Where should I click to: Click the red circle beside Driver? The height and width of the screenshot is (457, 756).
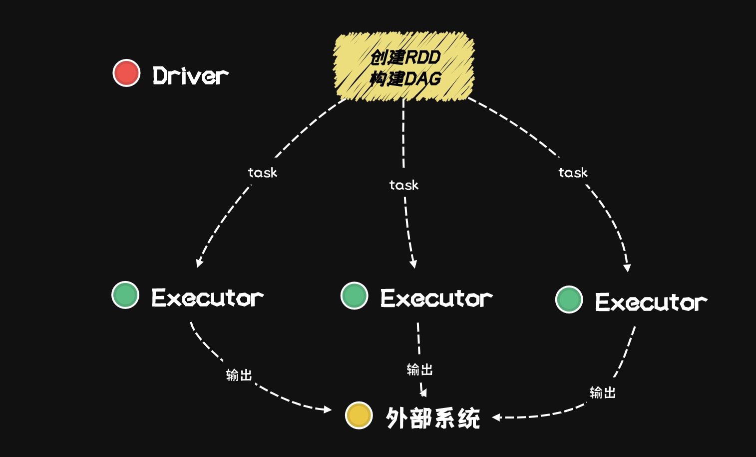[126, 73]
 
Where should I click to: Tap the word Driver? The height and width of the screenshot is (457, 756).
[190, 76]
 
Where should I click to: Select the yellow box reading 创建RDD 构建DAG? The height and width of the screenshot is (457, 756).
[403, 67]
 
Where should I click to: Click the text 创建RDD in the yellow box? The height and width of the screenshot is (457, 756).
[405, 57]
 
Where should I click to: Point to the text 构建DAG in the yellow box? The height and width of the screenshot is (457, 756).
[405, 78]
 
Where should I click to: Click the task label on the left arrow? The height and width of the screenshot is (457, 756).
[262, 172]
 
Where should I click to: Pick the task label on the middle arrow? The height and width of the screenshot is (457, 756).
[403, 185]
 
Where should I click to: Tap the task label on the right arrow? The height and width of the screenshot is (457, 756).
[573, 172]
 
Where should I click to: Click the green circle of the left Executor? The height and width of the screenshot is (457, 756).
[125, 294]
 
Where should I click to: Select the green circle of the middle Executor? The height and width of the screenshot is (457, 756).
[355, 295]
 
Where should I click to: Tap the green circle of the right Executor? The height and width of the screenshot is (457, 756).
[569, 299]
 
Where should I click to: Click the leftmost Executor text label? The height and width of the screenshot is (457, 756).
[207, 297]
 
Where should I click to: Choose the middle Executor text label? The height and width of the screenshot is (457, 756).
[436, 298]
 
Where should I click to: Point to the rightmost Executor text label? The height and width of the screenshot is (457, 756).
[651, 302]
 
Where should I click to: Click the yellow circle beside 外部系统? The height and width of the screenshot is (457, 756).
[359, 415]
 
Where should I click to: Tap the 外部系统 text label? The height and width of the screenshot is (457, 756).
[433, 418]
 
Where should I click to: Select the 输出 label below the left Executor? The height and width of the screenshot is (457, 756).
[239, 375]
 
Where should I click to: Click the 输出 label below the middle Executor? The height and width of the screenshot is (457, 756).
[419, 370]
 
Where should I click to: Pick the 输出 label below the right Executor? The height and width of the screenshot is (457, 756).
[603, 393]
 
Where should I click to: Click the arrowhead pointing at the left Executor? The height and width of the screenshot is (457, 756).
[199, 263]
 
